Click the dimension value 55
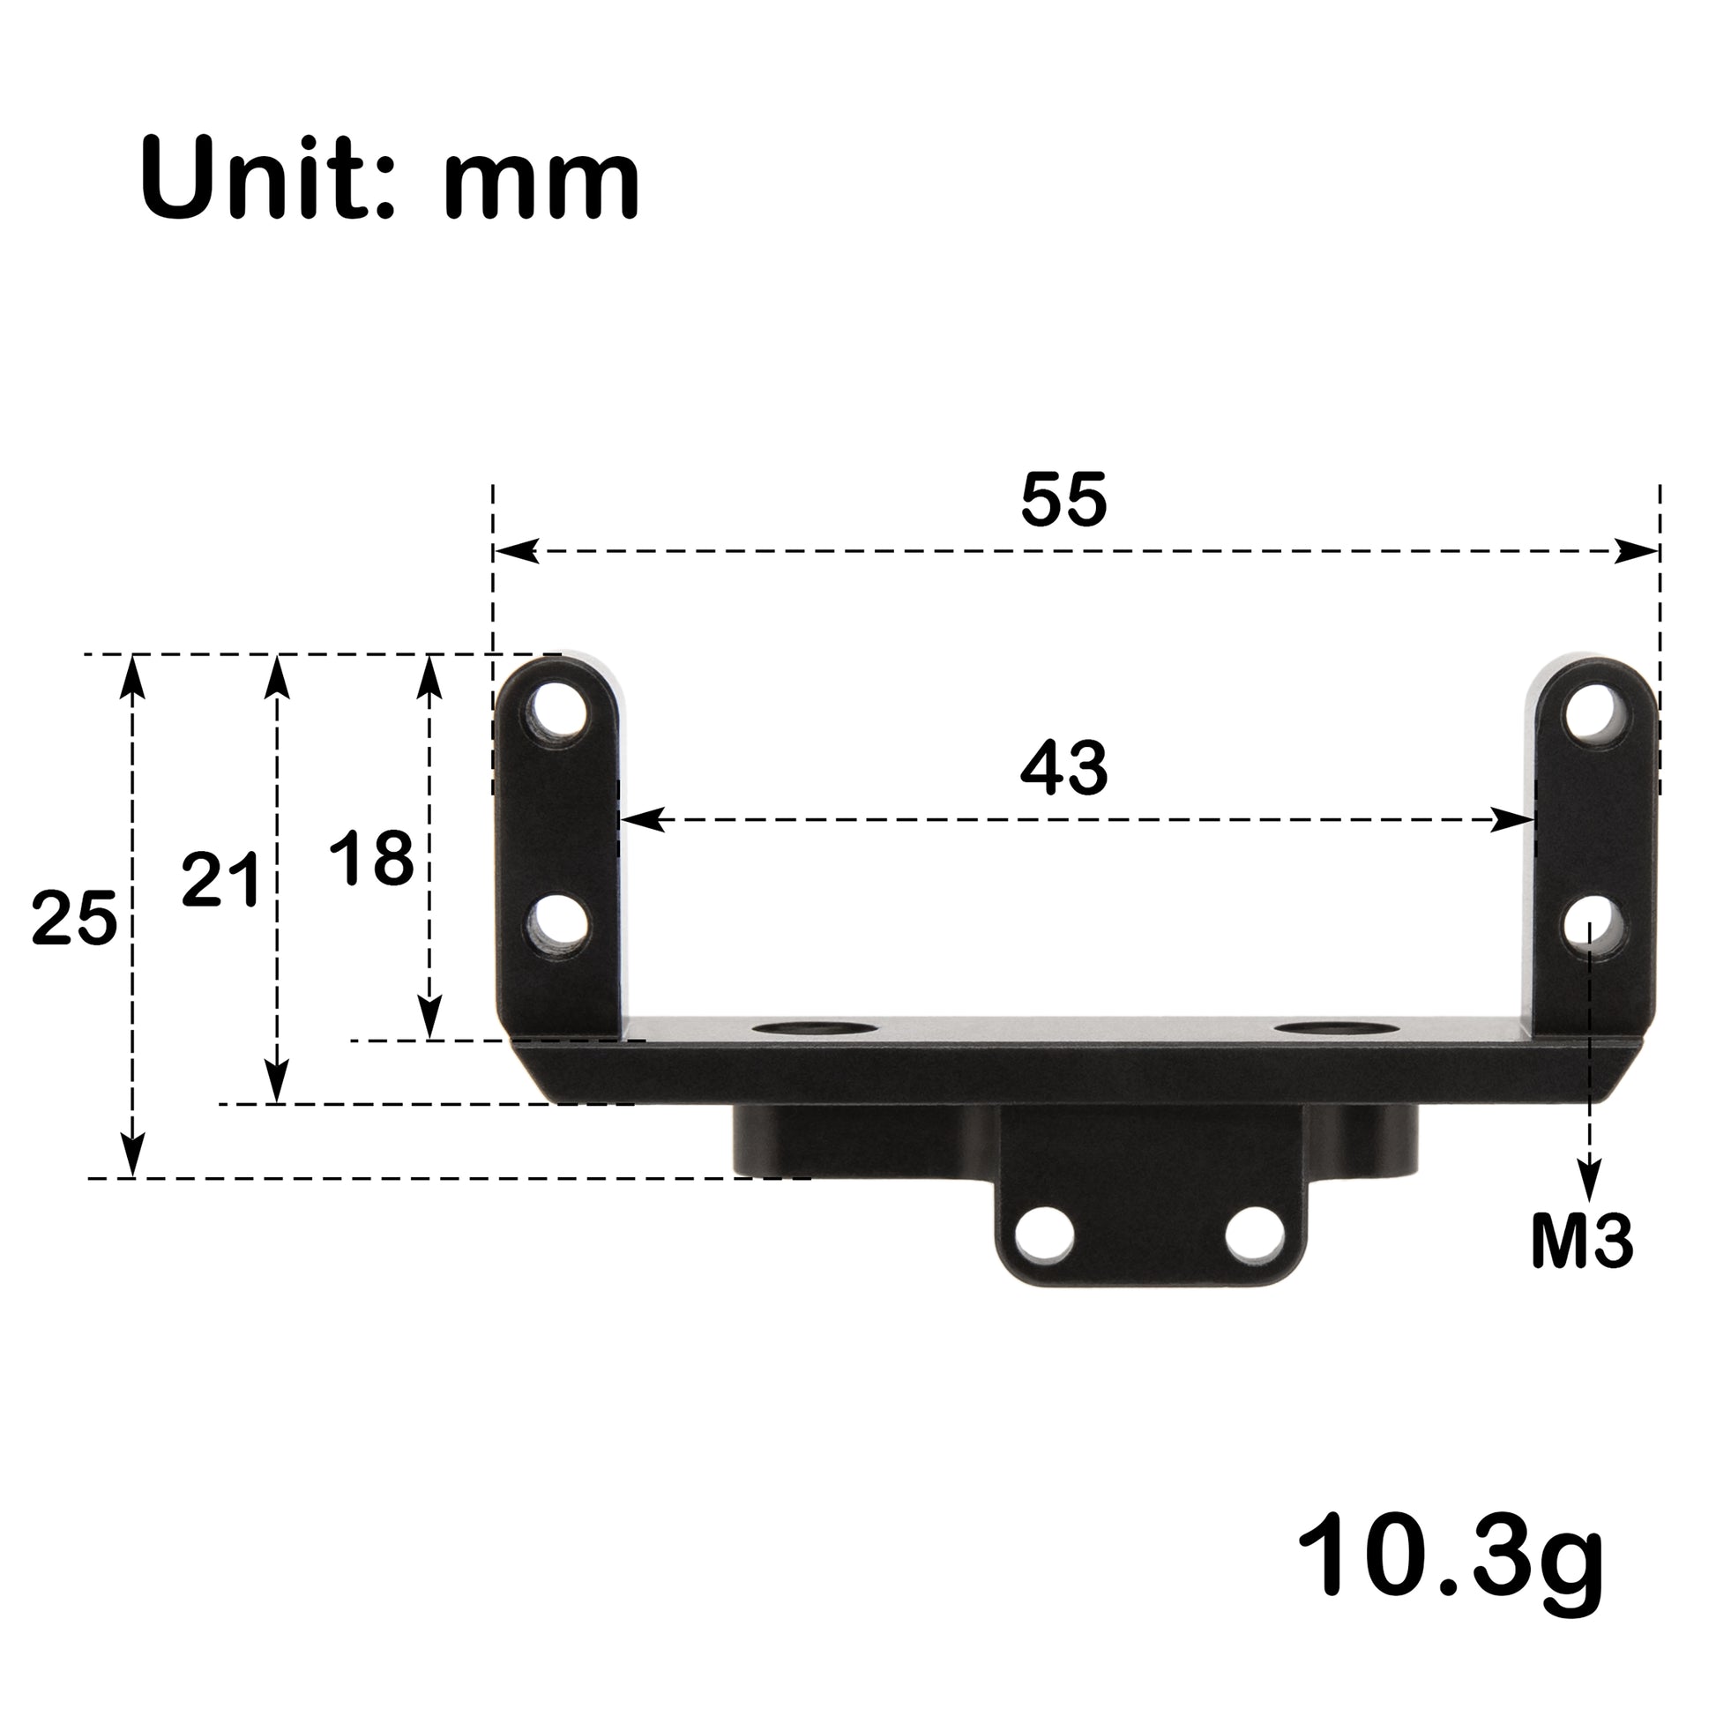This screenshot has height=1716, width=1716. [x=1063, y=500]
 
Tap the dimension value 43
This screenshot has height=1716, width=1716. [x=1063, y=767]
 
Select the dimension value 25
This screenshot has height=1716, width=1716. [x=75, y=918]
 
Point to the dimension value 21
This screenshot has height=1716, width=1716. [x=221, y=879]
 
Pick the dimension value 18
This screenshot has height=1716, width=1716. [x=371, y=859]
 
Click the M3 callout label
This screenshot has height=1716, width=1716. [x=1582, y=1242]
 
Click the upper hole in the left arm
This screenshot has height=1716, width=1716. [x=558, y=713]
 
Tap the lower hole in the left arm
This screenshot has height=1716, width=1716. [x=558, y=927]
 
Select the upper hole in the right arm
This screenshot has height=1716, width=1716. [x=1597, y=713]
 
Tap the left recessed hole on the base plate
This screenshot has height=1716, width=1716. [x=812, y=1029]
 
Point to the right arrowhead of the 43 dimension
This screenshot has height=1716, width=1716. [x=1511, y=820]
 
